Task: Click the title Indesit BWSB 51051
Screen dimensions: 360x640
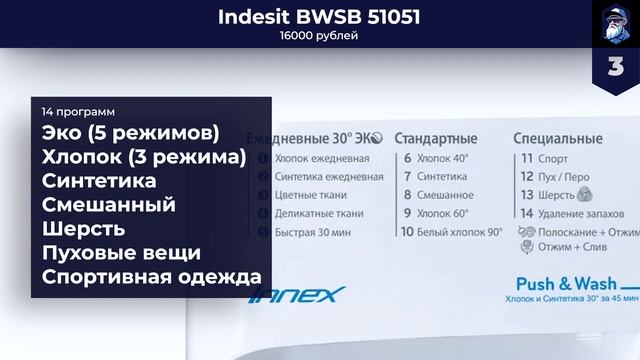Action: pyautogui.click(x=320, y=16)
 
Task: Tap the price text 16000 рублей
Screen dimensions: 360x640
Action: pyautogui.click(x=320, y=37)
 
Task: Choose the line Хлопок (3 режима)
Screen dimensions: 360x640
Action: pyautogui.click(x=144, y=157)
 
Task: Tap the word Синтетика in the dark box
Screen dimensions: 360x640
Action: pyautogui.click(x=99, y=181)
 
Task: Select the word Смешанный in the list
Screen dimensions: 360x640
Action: pyautogui.click(x=109, y=205)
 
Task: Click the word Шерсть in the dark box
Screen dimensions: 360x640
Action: pyautogui.click(x=84, y=229)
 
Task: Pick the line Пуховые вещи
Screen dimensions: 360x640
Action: pyautogui.click(x=122, y=253)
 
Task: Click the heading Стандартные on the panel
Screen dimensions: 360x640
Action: pyautogui.click(x=436, y=137)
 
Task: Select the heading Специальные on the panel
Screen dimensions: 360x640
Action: pyautogui.click(x=556, y=137)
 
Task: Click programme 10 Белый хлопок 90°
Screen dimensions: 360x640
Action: pyautogui.click(x=452, y=231)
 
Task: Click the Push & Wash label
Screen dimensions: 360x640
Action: pyautogui.click(x=559, y=283)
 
